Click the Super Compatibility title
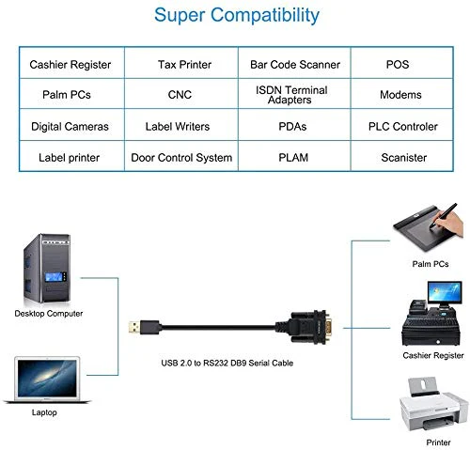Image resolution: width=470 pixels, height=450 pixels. click(237, 16)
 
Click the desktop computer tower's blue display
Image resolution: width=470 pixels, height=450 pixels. click(54, 277)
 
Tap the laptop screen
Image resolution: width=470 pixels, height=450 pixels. click(47, 379)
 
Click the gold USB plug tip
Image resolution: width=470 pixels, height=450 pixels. click(133, 328)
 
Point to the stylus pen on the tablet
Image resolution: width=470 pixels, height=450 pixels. click(444, 215)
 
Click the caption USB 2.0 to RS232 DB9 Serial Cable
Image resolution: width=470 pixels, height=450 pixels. click(227, 363)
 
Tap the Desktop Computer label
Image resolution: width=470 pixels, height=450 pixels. click(49, 314)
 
